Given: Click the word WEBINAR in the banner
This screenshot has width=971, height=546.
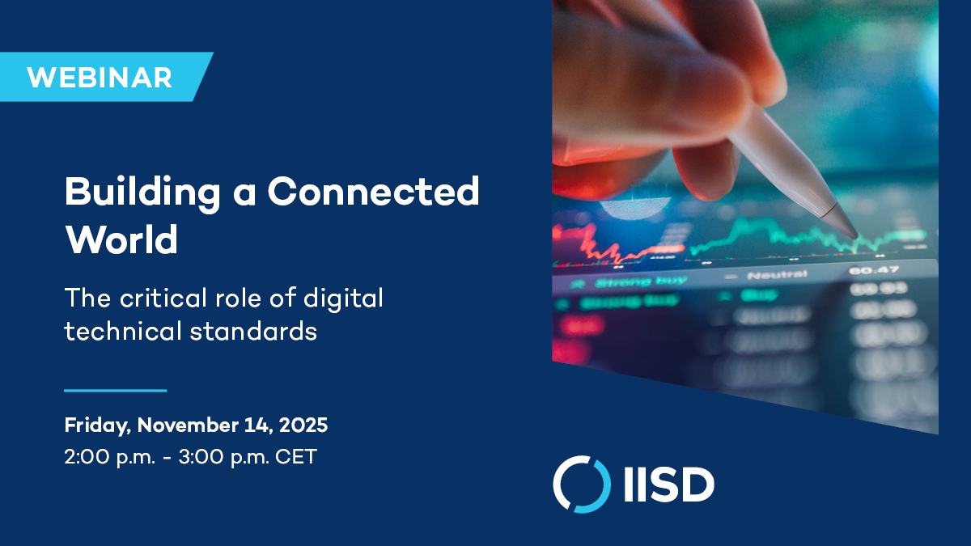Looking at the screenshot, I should tap(99, 78).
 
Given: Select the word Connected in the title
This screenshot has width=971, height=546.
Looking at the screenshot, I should tap(374, 192).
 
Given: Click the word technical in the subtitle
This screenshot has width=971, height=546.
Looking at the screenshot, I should tap(121, 332).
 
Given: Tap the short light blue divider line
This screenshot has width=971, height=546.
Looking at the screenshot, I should tap(115, 391).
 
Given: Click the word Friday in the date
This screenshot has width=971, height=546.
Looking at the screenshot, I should tap(96, 425).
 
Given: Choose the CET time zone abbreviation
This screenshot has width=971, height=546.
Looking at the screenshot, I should tap(296, 457).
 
